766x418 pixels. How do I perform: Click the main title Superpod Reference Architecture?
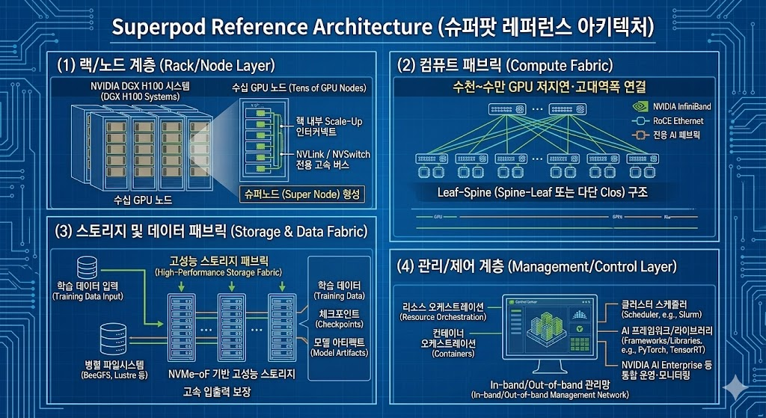(x=382, y=28)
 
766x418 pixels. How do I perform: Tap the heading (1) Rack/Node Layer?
(x=166, y=65)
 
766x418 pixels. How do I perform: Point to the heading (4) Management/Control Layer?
(x=539, y=266)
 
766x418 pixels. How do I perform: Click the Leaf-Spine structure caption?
(x=542, y=192)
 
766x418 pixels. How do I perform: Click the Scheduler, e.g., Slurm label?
(x=658, y=309)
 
